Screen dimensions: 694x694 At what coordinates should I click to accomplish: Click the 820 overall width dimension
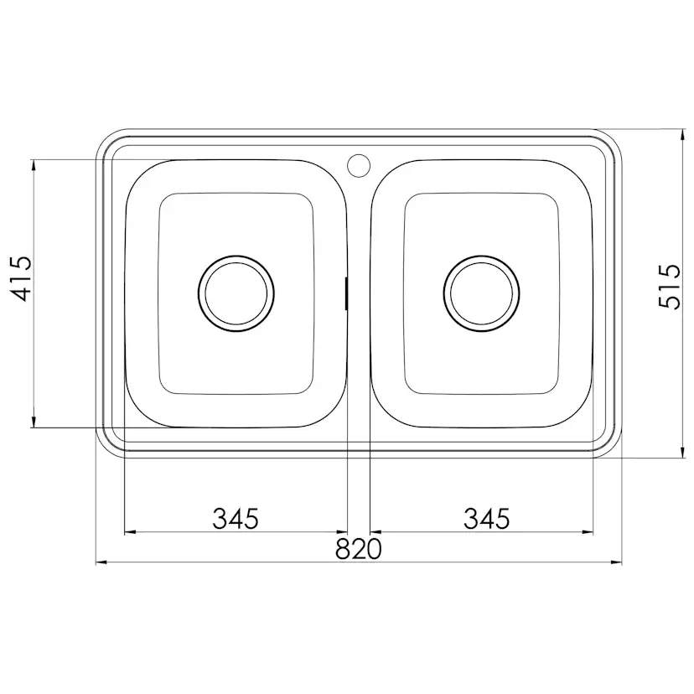point(358,549)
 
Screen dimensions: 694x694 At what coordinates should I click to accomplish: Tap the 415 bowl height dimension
point(21,278)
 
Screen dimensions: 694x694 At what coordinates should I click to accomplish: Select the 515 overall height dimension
point(669,287)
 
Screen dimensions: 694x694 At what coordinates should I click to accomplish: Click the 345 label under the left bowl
point(236,518)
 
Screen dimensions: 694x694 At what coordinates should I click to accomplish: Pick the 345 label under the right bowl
point(486,518)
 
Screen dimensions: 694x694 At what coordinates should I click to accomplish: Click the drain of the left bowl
point(236,293)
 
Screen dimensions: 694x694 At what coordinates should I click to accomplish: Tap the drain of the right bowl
point(482,293)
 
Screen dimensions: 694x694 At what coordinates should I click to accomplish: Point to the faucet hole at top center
point(359,165)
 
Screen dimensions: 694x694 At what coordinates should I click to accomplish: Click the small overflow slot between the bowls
point(346,293)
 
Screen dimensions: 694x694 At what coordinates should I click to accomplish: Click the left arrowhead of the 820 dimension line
point(101,562)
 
